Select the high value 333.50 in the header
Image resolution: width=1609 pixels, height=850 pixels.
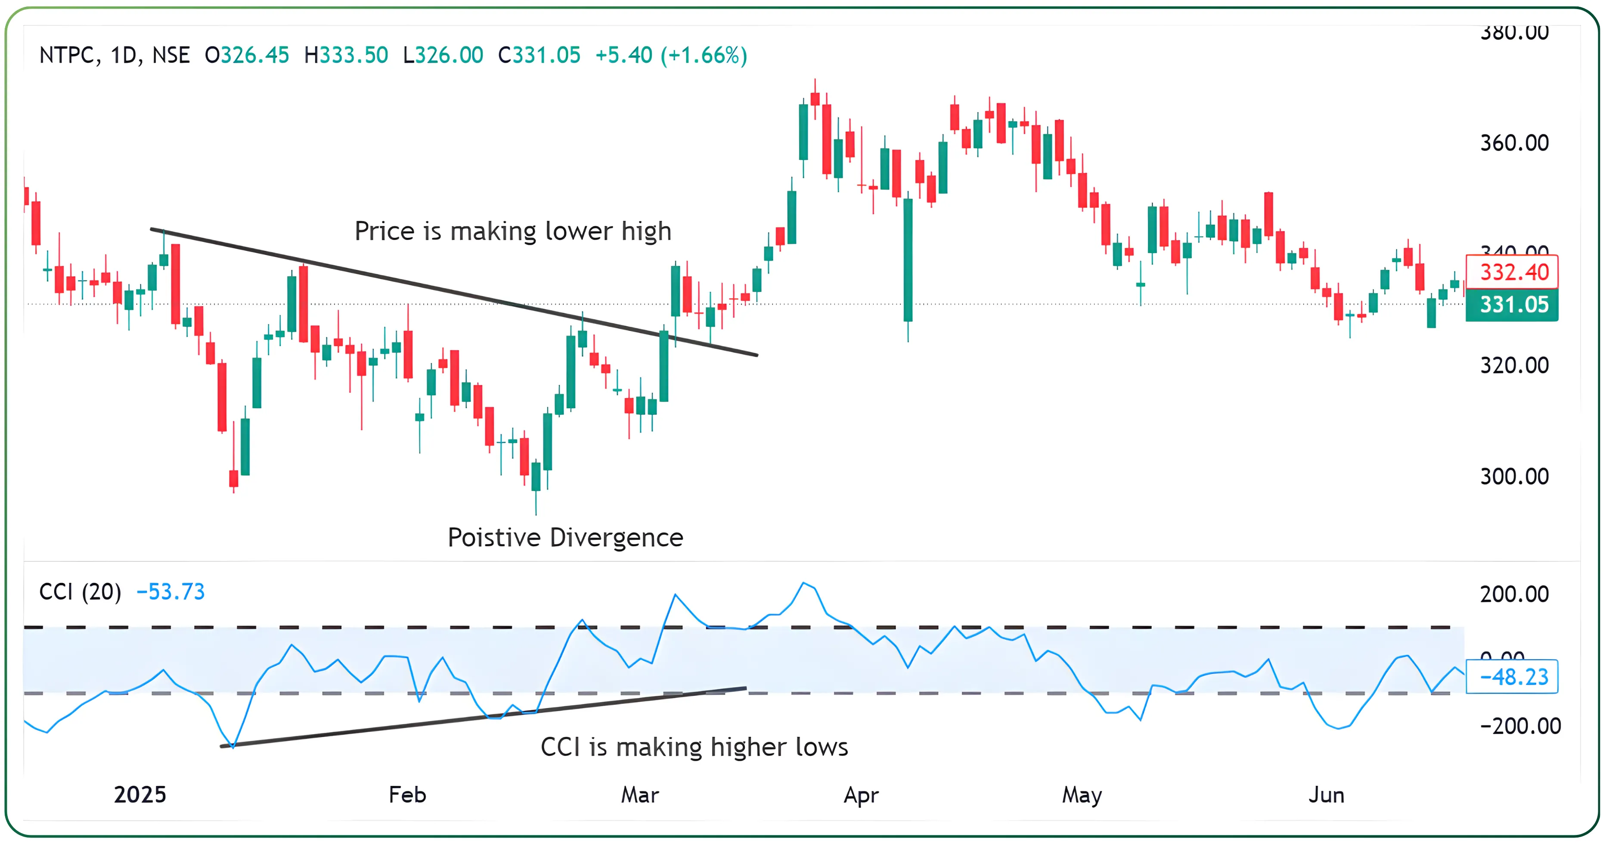coord(353,56)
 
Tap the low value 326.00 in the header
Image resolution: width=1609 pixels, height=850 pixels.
coord(449,56)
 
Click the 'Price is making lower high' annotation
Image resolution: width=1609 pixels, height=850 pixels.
coord(513,231)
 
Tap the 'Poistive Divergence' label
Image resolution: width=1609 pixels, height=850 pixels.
coord(565,538)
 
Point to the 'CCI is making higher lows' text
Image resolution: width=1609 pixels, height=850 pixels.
coord(694,747)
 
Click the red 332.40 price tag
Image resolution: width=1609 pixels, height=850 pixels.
coord(1513,272)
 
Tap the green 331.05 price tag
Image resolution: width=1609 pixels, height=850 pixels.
coord(1513,305)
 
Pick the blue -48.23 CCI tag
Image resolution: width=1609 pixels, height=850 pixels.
coord(1513,677)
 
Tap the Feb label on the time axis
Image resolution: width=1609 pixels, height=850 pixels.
coord(407,795)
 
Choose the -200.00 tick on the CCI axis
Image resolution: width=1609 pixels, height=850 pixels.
coord(1520,726)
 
